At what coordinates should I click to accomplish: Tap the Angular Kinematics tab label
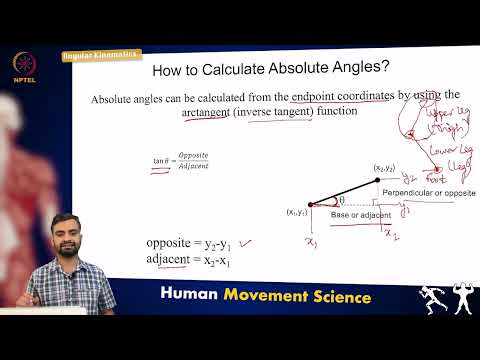[x=100, y=54]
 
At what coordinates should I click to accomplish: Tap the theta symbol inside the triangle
[x=341, y=199]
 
